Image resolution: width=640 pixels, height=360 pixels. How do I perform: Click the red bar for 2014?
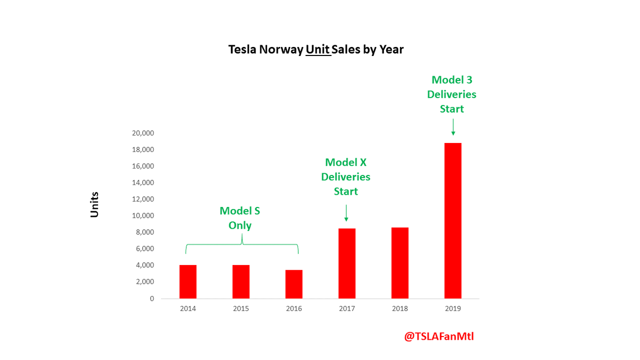(x=188, y=282)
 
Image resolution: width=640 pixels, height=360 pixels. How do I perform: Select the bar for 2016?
(x=294, y=284)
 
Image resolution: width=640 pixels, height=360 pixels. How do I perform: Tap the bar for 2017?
(x=347, y=263)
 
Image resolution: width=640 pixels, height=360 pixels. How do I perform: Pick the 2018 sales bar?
(x=400, y=263)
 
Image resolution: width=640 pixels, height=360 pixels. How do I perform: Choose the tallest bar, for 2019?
(x=453, y=221)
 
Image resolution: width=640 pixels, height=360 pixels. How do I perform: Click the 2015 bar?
(x=241, y=282)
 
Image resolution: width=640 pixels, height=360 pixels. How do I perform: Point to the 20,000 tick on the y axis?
(x=143, y=133)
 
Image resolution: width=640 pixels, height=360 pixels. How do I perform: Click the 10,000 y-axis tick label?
(x=143, y=216)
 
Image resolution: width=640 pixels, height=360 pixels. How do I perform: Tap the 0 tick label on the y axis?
(x=151, y=299)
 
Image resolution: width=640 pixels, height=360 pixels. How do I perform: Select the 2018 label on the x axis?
(x=400, y=309)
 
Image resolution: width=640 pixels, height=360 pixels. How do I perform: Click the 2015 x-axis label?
(x=241, y=309)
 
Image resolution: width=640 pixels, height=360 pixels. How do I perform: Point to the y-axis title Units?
(x=94, y=204)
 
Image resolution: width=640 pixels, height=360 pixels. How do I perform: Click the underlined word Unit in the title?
(x=318, y=50)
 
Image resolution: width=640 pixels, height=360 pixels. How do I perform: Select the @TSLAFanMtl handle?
(x=439, y=337)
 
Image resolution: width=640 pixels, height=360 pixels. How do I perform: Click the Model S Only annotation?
(x=240, y=218)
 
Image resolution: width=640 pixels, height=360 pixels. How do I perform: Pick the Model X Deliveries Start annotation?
(x=346, y=177)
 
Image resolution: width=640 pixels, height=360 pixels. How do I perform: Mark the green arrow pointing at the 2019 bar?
(x=453, y=127)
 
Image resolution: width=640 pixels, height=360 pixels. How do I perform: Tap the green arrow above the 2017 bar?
(x=346, y=212)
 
